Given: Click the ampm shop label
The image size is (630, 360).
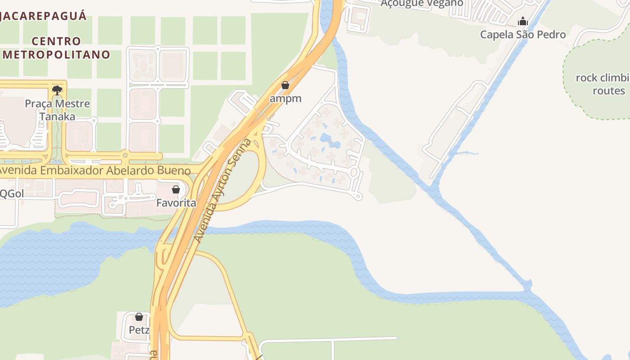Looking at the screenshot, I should pos(285,98).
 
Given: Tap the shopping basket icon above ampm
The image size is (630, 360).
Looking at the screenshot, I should pos(285,85).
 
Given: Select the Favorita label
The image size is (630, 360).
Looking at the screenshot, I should pos(176,203).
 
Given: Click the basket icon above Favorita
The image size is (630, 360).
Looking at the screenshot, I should pos(176,189).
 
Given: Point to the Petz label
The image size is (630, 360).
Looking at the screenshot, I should pos(139,330).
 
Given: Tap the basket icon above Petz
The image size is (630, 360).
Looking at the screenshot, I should pos(139,317).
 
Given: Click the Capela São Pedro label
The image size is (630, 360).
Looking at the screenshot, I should pos(522,34).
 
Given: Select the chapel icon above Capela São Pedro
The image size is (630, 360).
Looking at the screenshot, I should pos(522,21).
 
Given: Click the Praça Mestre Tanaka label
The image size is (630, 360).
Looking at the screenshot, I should pos(57,110).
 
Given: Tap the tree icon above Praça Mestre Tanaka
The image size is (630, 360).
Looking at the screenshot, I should pos(57,90).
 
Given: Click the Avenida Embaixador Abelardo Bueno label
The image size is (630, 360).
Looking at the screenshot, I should pos(94,171).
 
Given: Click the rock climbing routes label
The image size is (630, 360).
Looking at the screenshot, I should pos(603,84).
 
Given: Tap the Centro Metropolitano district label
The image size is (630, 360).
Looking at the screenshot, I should pos(57,48).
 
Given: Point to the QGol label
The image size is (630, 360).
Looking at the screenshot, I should pos(12,193).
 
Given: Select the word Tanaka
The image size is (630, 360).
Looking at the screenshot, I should pos(57,117).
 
